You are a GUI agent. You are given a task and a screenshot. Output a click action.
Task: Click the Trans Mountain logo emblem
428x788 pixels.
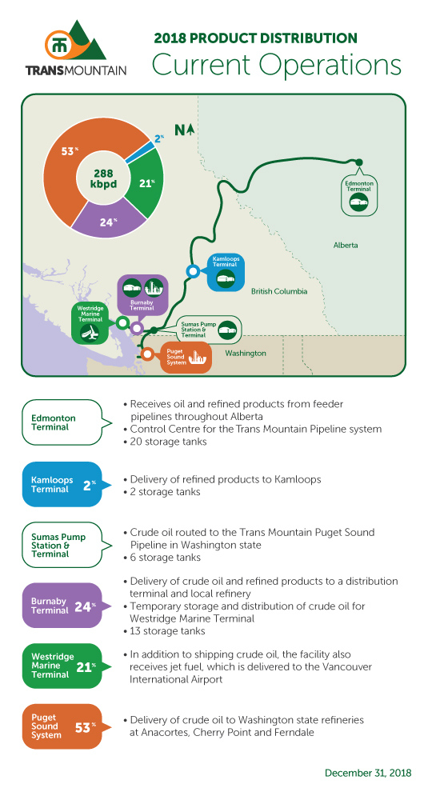pos(74,42)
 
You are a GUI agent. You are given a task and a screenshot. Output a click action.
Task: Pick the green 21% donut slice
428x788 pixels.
pos(146,184)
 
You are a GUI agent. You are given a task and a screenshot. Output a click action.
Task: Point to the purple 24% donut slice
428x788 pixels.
pos(107,221)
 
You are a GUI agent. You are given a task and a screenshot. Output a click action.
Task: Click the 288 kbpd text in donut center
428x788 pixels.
pos(103,178)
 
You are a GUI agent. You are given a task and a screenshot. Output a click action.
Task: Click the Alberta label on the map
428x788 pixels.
pos(346,246)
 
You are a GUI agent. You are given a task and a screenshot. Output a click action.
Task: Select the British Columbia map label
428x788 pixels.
pos(279,291)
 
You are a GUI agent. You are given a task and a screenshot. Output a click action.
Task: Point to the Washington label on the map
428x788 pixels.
pos(246,354)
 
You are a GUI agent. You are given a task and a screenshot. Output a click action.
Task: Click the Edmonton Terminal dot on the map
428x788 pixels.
pos(359,162)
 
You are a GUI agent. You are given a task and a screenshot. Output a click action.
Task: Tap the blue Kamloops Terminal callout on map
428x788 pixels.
pos(226,272)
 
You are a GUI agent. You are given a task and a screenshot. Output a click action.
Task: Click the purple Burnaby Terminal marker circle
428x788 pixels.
pos(136,329)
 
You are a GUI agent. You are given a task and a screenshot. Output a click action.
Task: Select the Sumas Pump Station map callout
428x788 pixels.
pos(209,330)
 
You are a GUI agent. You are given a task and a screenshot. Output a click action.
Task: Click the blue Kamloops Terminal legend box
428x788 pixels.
pos(62,485)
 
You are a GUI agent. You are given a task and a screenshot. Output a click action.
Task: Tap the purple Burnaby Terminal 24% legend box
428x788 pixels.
pos(62,606)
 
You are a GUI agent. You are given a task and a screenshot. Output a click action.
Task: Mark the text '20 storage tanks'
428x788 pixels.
pos(168,442)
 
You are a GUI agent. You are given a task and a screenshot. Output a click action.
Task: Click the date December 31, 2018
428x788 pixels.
pos(368,773)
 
